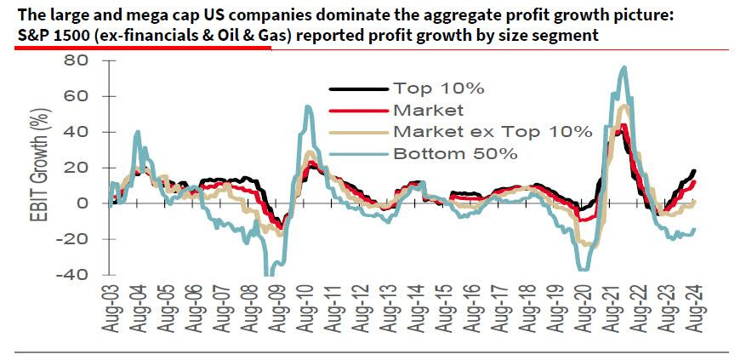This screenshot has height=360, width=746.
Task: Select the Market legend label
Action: pos(428,110)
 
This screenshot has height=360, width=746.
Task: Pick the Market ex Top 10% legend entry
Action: pos(492,131)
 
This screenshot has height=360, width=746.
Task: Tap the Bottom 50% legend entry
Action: pos(455,153)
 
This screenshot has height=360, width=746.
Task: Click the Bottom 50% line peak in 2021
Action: pos(624,67)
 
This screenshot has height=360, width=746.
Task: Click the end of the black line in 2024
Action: pos(694,173)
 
